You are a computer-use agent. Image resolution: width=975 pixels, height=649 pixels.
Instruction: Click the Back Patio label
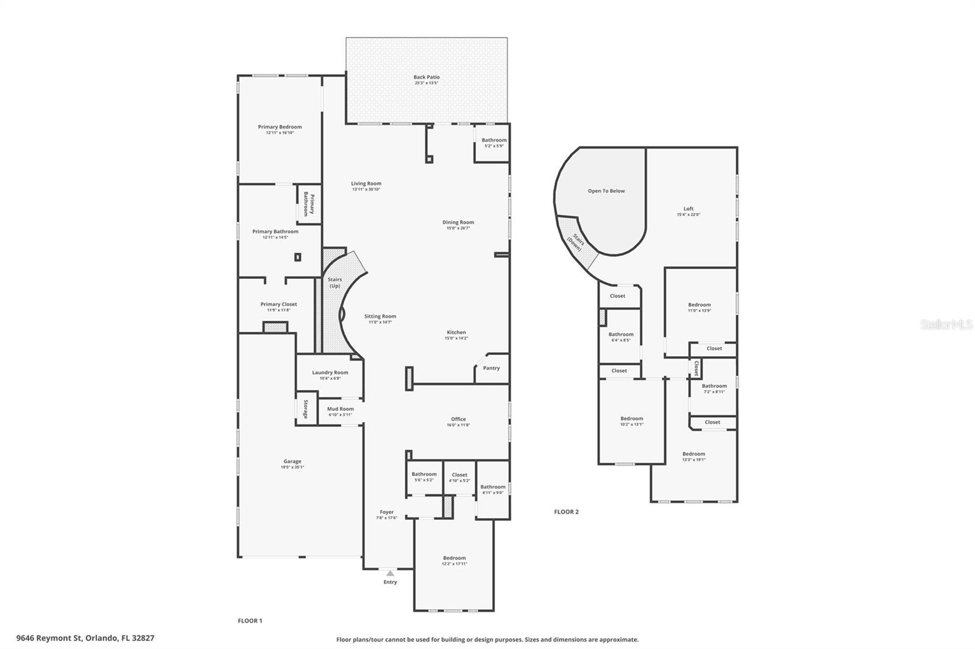tap(426, 77)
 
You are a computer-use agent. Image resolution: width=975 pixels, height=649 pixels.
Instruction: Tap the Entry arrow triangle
tap(390, 573)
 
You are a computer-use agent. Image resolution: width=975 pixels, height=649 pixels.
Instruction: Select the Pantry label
tap(491, 368)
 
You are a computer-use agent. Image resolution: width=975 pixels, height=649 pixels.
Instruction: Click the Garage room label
tap(292, 461)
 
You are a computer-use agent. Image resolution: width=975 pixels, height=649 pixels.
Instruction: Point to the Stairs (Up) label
tap(335, 282)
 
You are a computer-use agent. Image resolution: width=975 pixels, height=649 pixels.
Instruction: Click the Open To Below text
tap(606, 191)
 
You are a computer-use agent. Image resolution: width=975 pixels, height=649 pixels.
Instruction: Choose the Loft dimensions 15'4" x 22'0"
tap(688, 214)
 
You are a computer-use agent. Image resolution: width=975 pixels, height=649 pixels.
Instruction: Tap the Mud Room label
tap(340, 409)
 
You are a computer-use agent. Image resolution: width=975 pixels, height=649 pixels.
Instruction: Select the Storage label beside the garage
tap(305, 409)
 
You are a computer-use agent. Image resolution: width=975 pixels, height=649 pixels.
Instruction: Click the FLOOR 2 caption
tap(566, 512)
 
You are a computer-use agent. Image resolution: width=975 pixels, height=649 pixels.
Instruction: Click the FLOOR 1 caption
tap(250, 621)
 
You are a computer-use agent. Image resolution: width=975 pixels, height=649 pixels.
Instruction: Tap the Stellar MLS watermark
tap(946, 325)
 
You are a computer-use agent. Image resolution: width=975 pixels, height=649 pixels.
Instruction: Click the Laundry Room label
tap(330, 373)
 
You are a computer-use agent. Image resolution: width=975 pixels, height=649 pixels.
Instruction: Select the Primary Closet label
tap(278, 304)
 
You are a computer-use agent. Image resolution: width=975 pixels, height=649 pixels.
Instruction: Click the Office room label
tap(458, 419)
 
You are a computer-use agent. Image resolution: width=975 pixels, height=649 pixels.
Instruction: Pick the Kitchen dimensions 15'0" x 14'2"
tap(456, 338)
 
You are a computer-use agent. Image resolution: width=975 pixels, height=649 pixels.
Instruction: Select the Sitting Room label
tap(380, 317)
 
